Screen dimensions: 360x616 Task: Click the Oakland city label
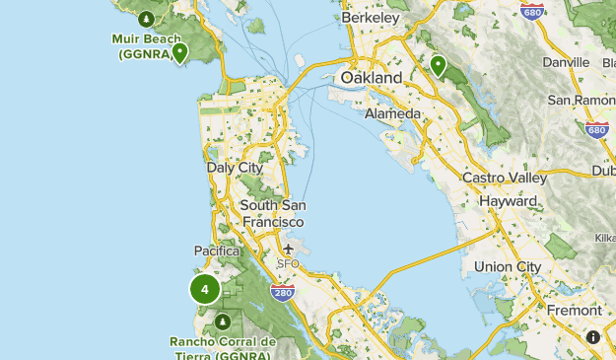[372, 77]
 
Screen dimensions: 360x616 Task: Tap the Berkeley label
[370, 18]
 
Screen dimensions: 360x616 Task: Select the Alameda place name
[392, 113]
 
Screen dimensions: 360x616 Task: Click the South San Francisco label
[273, 213]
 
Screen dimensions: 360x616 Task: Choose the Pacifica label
[217, 251]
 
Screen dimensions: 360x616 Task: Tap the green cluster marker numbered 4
[205, 290]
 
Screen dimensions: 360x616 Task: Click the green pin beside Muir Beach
[179, 52]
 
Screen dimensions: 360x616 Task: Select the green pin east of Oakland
[438, 66]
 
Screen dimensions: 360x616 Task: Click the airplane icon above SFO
[288, 249]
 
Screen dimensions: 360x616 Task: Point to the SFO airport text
[288, 263]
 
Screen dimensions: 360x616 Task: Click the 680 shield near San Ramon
[595, 130]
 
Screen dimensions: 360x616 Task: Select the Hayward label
[508, 200]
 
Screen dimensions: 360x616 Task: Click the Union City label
[508, 266]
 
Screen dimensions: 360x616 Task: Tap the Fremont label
[574, 310]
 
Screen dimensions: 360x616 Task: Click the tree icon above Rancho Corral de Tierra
[223, 322]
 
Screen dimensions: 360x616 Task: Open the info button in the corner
[593, 337]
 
